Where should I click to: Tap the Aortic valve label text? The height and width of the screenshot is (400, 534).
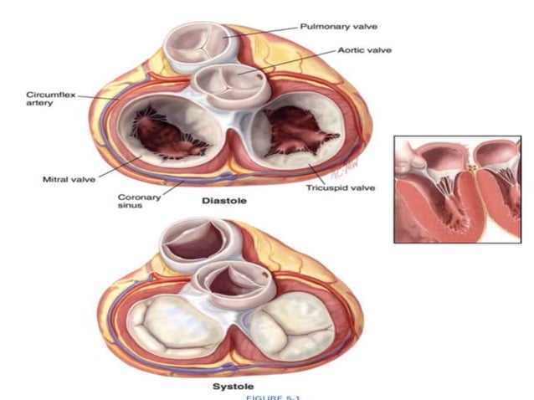(x=365, y=49)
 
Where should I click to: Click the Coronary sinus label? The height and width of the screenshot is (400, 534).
(x=131, y=202)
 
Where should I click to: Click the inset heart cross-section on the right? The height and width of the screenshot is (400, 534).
(x=460, y=189)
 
